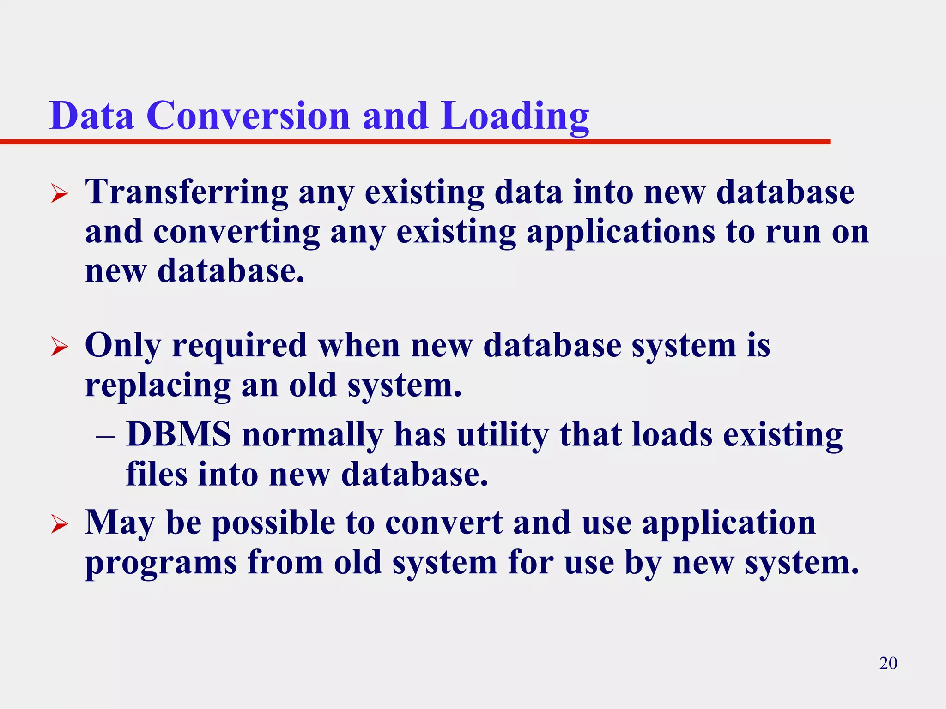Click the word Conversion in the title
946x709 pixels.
tap(248, 115)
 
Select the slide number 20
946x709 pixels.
tap(888, 663)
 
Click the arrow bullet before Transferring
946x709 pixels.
tap(60, 193)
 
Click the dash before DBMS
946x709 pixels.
tap(105, 436)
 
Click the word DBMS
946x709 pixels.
tap(178, 434)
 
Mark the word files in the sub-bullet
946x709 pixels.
tap(157, 474)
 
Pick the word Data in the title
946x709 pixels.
tap(92, 115)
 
